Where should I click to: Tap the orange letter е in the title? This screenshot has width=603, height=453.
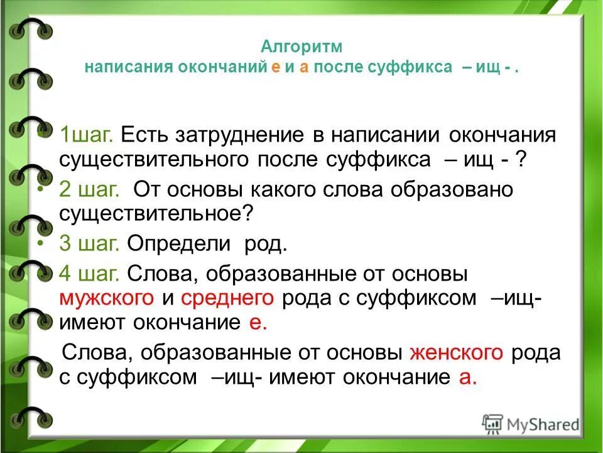point(275,68)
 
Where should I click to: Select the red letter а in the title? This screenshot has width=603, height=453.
point(303,68)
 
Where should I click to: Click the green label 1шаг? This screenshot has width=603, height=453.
point(86,135)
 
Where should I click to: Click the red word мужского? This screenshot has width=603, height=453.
point(107,298)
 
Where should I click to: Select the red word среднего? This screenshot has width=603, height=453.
point(227,298)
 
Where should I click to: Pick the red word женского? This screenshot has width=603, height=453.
point(456,352)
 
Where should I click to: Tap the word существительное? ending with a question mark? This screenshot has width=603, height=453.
point(156,214)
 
